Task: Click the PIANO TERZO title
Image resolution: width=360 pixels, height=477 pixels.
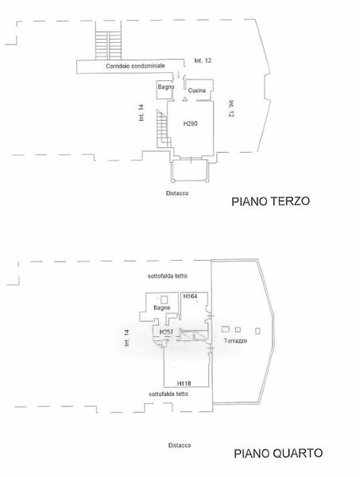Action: [271, 201]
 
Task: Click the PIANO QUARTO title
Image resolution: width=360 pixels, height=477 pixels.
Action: [278, 453]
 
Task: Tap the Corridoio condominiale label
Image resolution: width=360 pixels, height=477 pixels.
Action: [135, 66]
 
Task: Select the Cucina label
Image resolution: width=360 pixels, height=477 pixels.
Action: [197, 91]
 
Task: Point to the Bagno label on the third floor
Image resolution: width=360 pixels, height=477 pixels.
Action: [166, 87]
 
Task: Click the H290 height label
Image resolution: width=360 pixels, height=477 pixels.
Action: [191, 123]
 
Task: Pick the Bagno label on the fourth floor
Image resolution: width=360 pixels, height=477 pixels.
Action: [162, 308]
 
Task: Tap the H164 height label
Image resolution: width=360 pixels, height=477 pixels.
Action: [191, 296]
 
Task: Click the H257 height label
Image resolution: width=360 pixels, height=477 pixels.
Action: [166, 332]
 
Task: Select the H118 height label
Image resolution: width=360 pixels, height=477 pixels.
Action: [184, 384]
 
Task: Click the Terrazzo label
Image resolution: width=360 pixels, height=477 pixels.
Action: [235, 341]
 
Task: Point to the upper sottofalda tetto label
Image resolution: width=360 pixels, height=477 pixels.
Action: [167, 276]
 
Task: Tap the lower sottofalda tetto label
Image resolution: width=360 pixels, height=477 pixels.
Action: [168, 394]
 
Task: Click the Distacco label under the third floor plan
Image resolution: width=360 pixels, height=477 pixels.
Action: [177, 193]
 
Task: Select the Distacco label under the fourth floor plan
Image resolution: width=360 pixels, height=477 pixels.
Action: [180, 445]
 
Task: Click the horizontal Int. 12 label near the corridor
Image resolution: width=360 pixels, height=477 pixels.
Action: [203, 61]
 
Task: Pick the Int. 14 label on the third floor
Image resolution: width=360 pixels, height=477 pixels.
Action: [141, 113]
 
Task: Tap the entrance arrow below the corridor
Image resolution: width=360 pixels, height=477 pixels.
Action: [179, 74]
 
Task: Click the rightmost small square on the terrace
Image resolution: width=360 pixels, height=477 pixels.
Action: [257, 331]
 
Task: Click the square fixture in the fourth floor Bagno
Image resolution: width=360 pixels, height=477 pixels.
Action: [165, 300]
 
